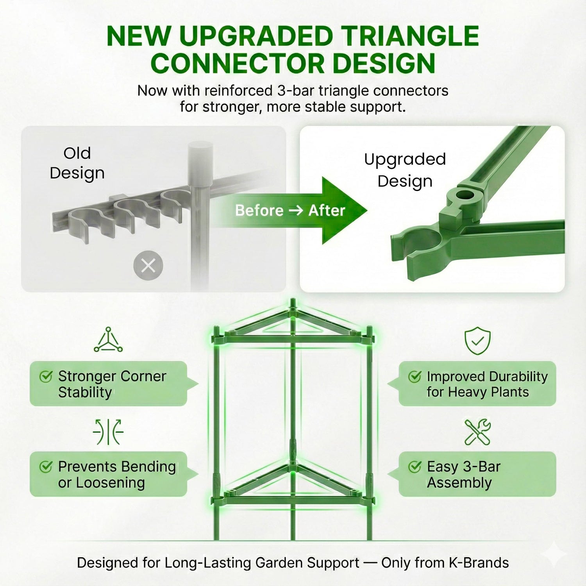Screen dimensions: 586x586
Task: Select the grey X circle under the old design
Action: click(148, 266)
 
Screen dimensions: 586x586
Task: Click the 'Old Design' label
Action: click(77, 163)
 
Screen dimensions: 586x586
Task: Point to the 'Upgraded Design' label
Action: click(405, 170)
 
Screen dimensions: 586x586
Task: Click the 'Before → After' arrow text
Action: click(290, 211)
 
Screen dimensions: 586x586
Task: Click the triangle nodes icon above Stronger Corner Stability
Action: click(108, 339)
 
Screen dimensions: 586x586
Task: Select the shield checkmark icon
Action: click(477, 341)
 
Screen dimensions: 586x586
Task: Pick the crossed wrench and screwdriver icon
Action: click(477, 432)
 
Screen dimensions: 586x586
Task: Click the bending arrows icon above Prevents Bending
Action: click(108, 432)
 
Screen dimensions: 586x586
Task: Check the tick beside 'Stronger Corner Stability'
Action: click(46, 376)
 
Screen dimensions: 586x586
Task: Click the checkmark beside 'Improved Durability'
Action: click(414, 376)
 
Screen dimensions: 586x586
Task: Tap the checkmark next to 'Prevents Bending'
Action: click(46, 466)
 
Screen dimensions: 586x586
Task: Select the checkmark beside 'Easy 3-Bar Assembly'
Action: click(414, 466)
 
